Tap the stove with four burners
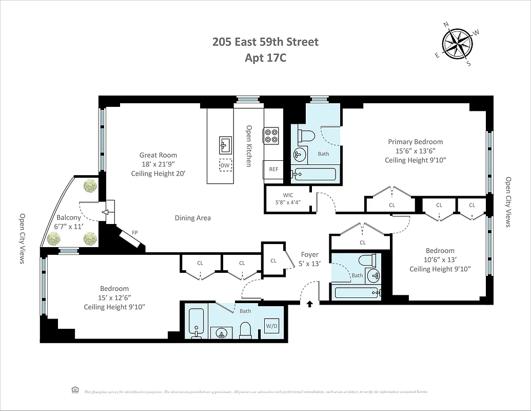coord(271,135)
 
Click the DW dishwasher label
coord(225,165)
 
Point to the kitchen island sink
coord(225,144)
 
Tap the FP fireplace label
coord(135,233)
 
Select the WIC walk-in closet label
coord(288,195)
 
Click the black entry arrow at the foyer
coord(309,304)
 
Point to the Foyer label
coord(309,254)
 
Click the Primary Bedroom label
coord(415,142)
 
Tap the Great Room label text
coord(158,155)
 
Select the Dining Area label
coord(192,218)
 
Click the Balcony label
coord(68,217)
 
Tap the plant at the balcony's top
coord(91,186)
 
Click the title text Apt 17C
coord(265,58)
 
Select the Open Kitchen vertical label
coord(248,146)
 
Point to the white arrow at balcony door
coord(108,212)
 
